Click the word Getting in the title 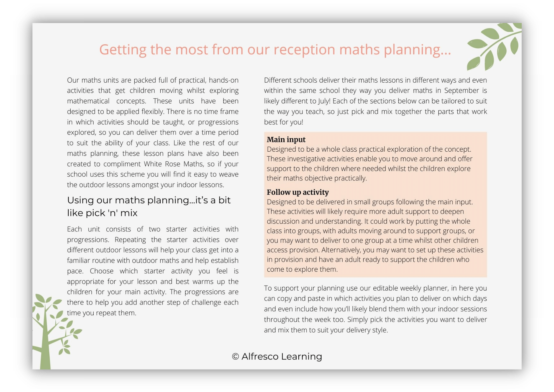123,50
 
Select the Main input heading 286,139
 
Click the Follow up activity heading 297,192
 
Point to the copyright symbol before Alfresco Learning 235,357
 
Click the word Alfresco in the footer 260,357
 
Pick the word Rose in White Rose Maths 173,164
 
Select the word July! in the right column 322,101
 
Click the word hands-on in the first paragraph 224,80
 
